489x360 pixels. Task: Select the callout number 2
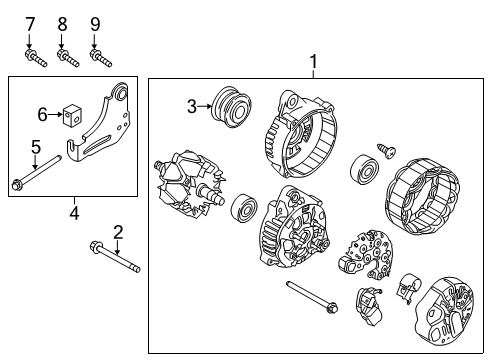click(x=118, y=232)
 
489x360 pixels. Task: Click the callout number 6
click(x=42, y=114)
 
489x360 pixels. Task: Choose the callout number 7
click(x=29, y=23)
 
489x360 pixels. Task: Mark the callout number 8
click(x=62, y=23)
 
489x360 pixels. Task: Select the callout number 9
click(x=95, y=23)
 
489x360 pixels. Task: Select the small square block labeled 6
click(x=73, y=115)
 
